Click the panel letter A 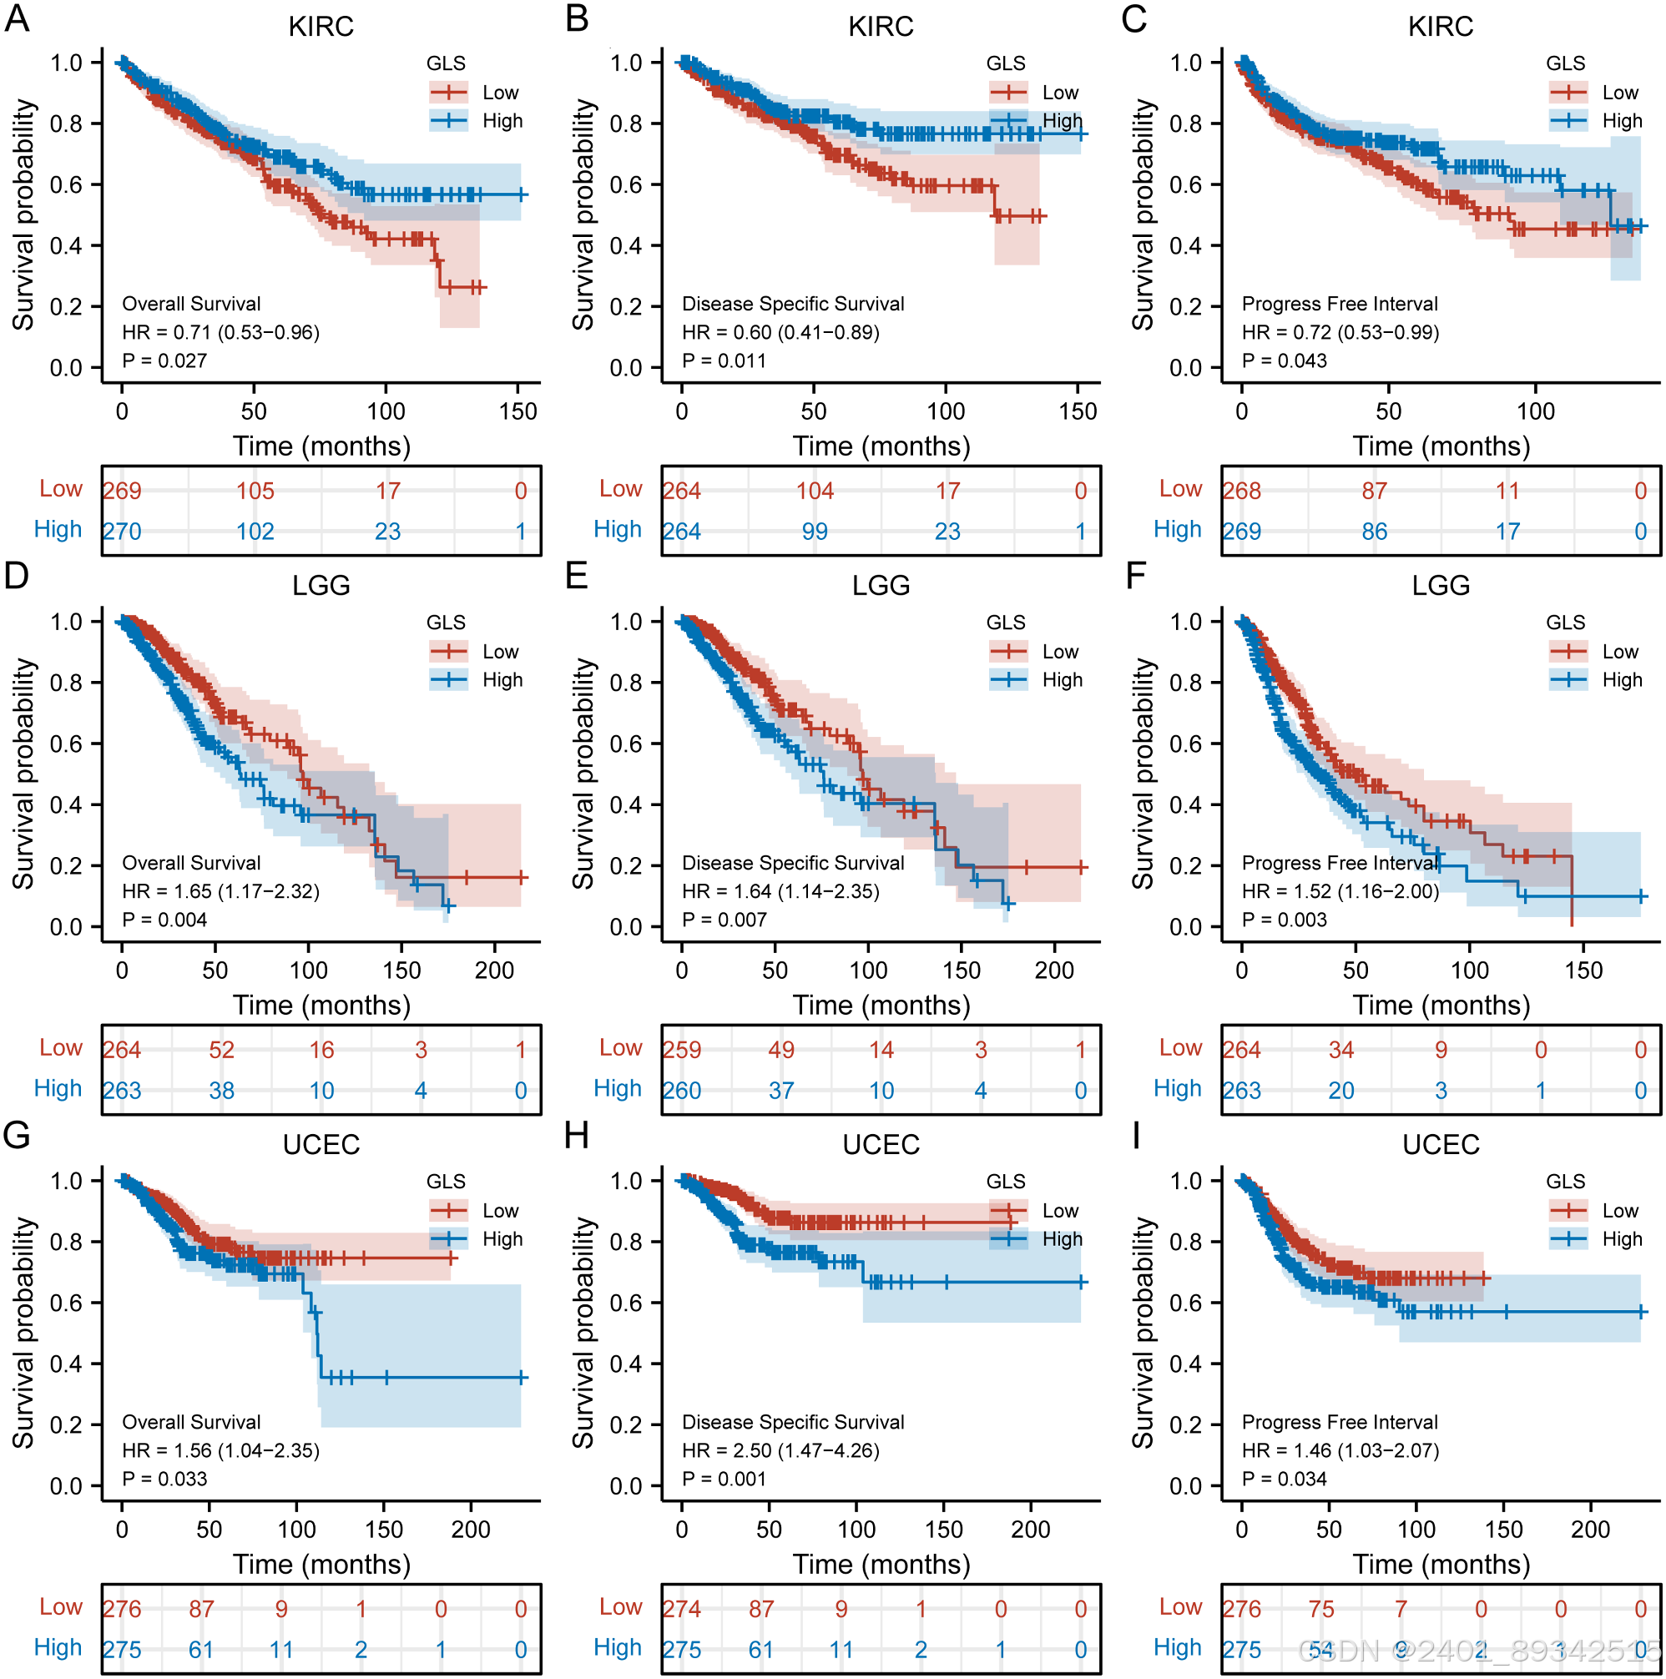click(17, 18)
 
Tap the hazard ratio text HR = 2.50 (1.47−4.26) click(780, 1450)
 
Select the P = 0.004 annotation click(164, 920)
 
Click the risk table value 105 click(255, 491)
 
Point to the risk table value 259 click(681, 1050)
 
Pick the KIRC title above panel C click(1440, 27)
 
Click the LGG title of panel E click(881, 586)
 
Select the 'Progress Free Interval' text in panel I click(1340, 1422)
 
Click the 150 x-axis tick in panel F click(1583, 970)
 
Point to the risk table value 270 click(122, 531)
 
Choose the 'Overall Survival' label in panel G click(191, 1422)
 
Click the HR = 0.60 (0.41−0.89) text click(780, 332)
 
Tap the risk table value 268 click(1241, 491)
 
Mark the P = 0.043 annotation click(1284, 361)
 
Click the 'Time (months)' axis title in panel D click(321, 1006)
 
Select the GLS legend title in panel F click(1565, 623)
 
